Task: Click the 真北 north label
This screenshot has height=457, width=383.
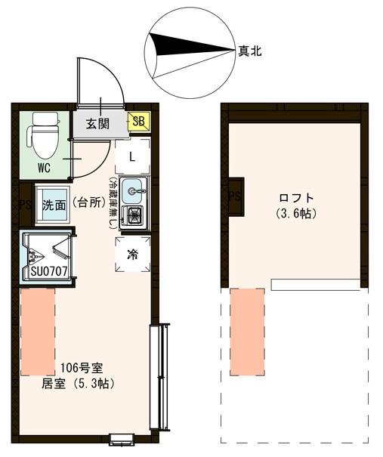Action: [x=250, y=51]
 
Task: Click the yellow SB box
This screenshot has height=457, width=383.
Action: [x=140, y=121]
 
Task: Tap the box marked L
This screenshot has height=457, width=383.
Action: [x=132, y=157]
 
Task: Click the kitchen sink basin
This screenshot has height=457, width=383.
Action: [x=134, y=189]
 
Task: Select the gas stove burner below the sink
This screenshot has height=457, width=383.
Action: [x=133, y=217]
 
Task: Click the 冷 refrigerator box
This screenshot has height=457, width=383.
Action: [x=132, y=254]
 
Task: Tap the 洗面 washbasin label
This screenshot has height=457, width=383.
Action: [x=54, y=204]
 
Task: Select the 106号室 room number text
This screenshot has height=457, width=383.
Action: [x=83, y=369]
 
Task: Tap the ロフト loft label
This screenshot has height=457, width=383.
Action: [x=296, y=199]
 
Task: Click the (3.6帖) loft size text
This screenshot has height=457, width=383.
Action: [x=296, y=214]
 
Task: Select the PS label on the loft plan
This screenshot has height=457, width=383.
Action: [x=233, y=196]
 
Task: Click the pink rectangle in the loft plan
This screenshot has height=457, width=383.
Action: [x=247, y=331]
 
